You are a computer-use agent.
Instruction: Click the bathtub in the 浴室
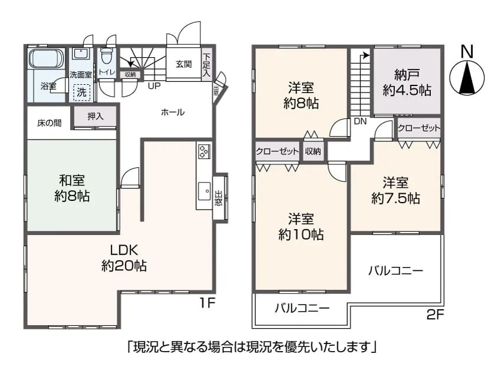point(45,58)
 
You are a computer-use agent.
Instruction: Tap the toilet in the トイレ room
point(106,57)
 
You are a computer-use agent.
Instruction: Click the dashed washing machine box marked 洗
point(82,92)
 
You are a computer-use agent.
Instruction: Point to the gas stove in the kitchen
point(204,151)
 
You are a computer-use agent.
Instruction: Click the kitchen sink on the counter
point(204,191)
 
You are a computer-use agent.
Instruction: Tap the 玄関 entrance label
point(184,64)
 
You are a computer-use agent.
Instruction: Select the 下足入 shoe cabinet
point(207,65)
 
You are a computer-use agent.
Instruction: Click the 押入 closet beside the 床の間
point(95,117)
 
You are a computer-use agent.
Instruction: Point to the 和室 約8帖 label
point(72,188)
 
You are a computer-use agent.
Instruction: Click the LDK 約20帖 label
point(124,257)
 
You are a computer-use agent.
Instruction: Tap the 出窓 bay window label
point(218,198)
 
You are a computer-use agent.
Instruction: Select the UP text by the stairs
point(154,86)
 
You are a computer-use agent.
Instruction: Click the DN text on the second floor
point(360,121)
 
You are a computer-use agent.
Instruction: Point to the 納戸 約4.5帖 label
point(407,82)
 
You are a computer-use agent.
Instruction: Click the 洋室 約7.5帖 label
point(395,191)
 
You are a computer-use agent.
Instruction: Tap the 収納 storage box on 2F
point(313,151)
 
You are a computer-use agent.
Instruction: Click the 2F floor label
point(436,315)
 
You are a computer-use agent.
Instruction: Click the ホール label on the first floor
point(173,113)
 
